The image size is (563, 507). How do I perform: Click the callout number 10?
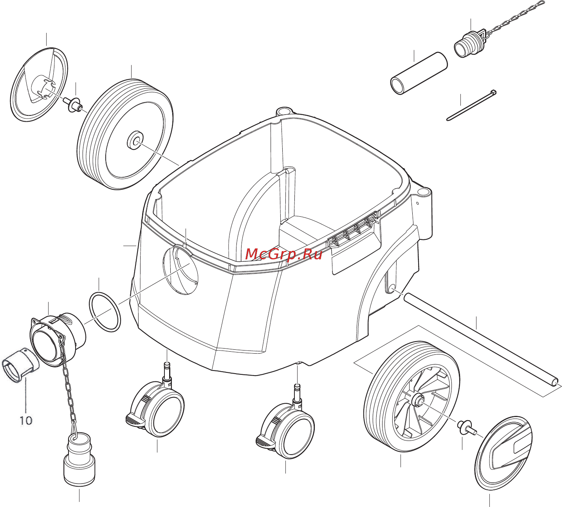pyautogui.click(x=26, y=421)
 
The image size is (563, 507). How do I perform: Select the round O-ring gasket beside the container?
pyautogui.click(x=105, y=312)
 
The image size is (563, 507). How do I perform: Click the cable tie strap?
pyautogui.click(x=471, y=105)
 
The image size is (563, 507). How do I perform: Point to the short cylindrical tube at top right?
pyautogui.click(x=419, y=73)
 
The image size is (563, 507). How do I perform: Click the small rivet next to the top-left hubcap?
pyautogui.click(x=73, y=104)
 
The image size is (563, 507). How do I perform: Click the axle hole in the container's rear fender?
pyautogui.click(x=392, y=288)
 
